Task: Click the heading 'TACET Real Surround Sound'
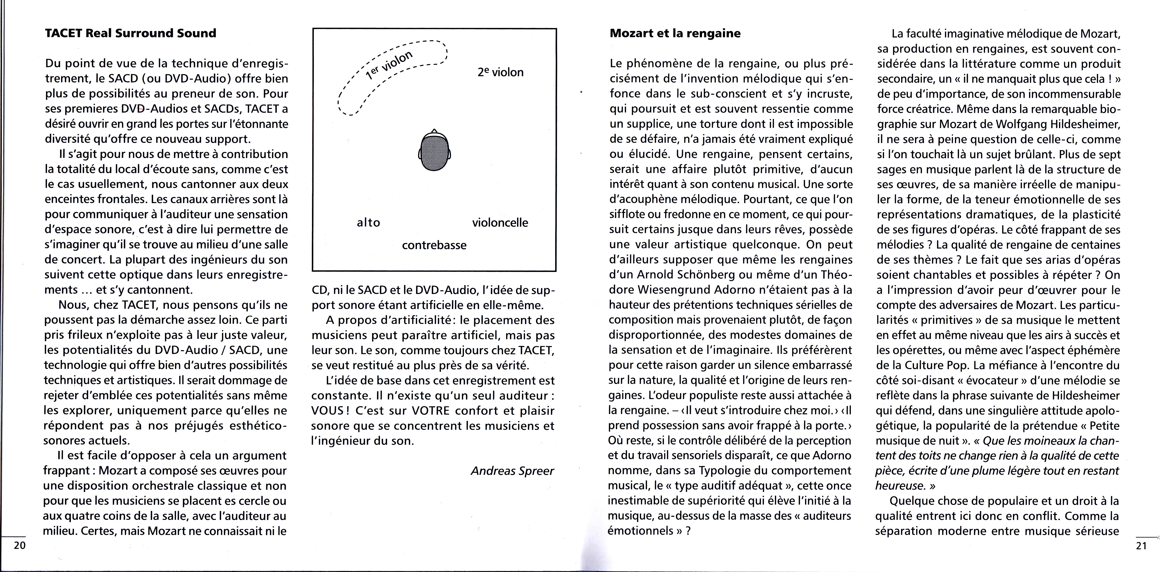131,33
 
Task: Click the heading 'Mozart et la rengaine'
675,33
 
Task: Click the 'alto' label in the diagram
368,222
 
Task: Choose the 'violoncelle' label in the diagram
500,222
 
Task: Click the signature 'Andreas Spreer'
512,471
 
